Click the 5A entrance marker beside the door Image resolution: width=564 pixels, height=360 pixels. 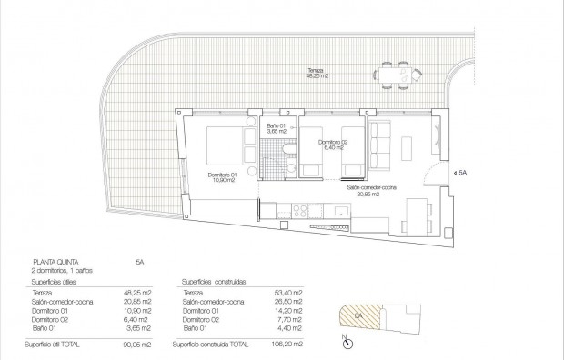pyautogui.click(x=462, y=172)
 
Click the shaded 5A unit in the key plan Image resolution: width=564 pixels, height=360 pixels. pyautogui.click(x=358, y=316)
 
